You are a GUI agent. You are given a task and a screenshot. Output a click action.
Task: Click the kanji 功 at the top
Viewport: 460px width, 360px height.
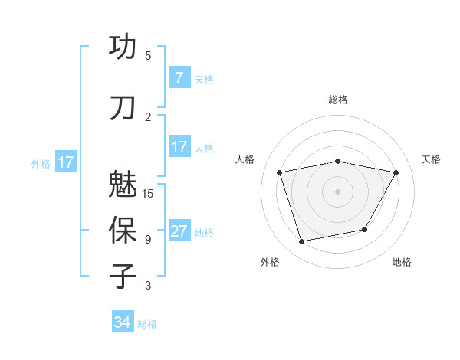(x=123, y=47)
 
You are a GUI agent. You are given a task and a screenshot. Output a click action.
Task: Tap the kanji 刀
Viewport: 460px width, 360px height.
(x=123, y=108)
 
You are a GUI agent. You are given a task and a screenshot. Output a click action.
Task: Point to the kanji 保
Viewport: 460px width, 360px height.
(x=123, y=231)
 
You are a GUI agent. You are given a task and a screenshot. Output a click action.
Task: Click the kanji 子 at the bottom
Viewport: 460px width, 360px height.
(x=123, y=277)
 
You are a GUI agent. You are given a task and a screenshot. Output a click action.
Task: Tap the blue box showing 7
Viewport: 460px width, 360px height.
(x=179, y=77)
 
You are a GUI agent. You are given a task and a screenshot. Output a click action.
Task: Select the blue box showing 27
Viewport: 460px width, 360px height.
(x=179, y=231)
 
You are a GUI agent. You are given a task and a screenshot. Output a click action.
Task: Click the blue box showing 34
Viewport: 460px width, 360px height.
(x=123, y=322)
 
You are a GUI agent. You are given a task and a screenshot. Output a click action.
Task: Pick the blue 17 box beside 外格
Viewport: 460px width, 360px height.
(x=65, y=162)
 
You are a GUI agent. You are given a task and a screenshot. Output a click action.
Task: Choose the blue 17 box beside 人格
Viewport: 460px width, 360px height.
(x=179, y=147)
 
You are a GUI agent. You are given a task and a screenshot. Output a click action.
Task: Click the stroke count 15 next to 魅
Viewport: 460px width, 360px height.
(x=149, y=193)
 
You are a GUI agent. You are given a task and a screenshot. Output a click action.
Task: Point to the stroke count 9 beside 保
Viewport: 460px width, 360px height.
(x=148, y=240)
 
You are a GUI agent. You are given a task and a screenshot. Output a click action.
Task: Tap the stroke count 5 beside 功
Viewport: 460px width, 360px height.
(x=148, y=56)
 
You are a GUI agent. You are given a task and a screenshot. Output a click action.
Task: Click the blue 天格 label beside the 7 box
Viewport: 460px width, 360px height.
(x=204, y=79)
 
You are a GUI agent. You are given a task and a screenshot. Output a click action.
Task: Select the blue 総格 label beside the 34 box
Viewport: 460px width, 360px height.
(x=147, y=324)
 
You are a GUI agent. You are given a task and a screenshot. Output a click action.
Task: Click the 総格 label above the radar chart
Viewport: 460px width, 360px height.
(x=338, y=100)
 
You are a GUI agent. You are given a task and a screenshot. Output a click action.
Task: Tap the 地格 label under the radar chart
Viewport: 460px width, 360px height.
(x=402, y=262)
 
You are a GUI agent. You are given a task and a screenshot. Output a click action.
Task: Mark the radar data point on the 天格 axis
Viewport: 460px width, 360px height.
(x=396, y=172)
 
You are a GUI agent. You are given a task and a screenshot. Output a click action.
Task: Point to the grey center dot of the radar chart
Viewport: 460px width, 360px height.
(x=338, y=191)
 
